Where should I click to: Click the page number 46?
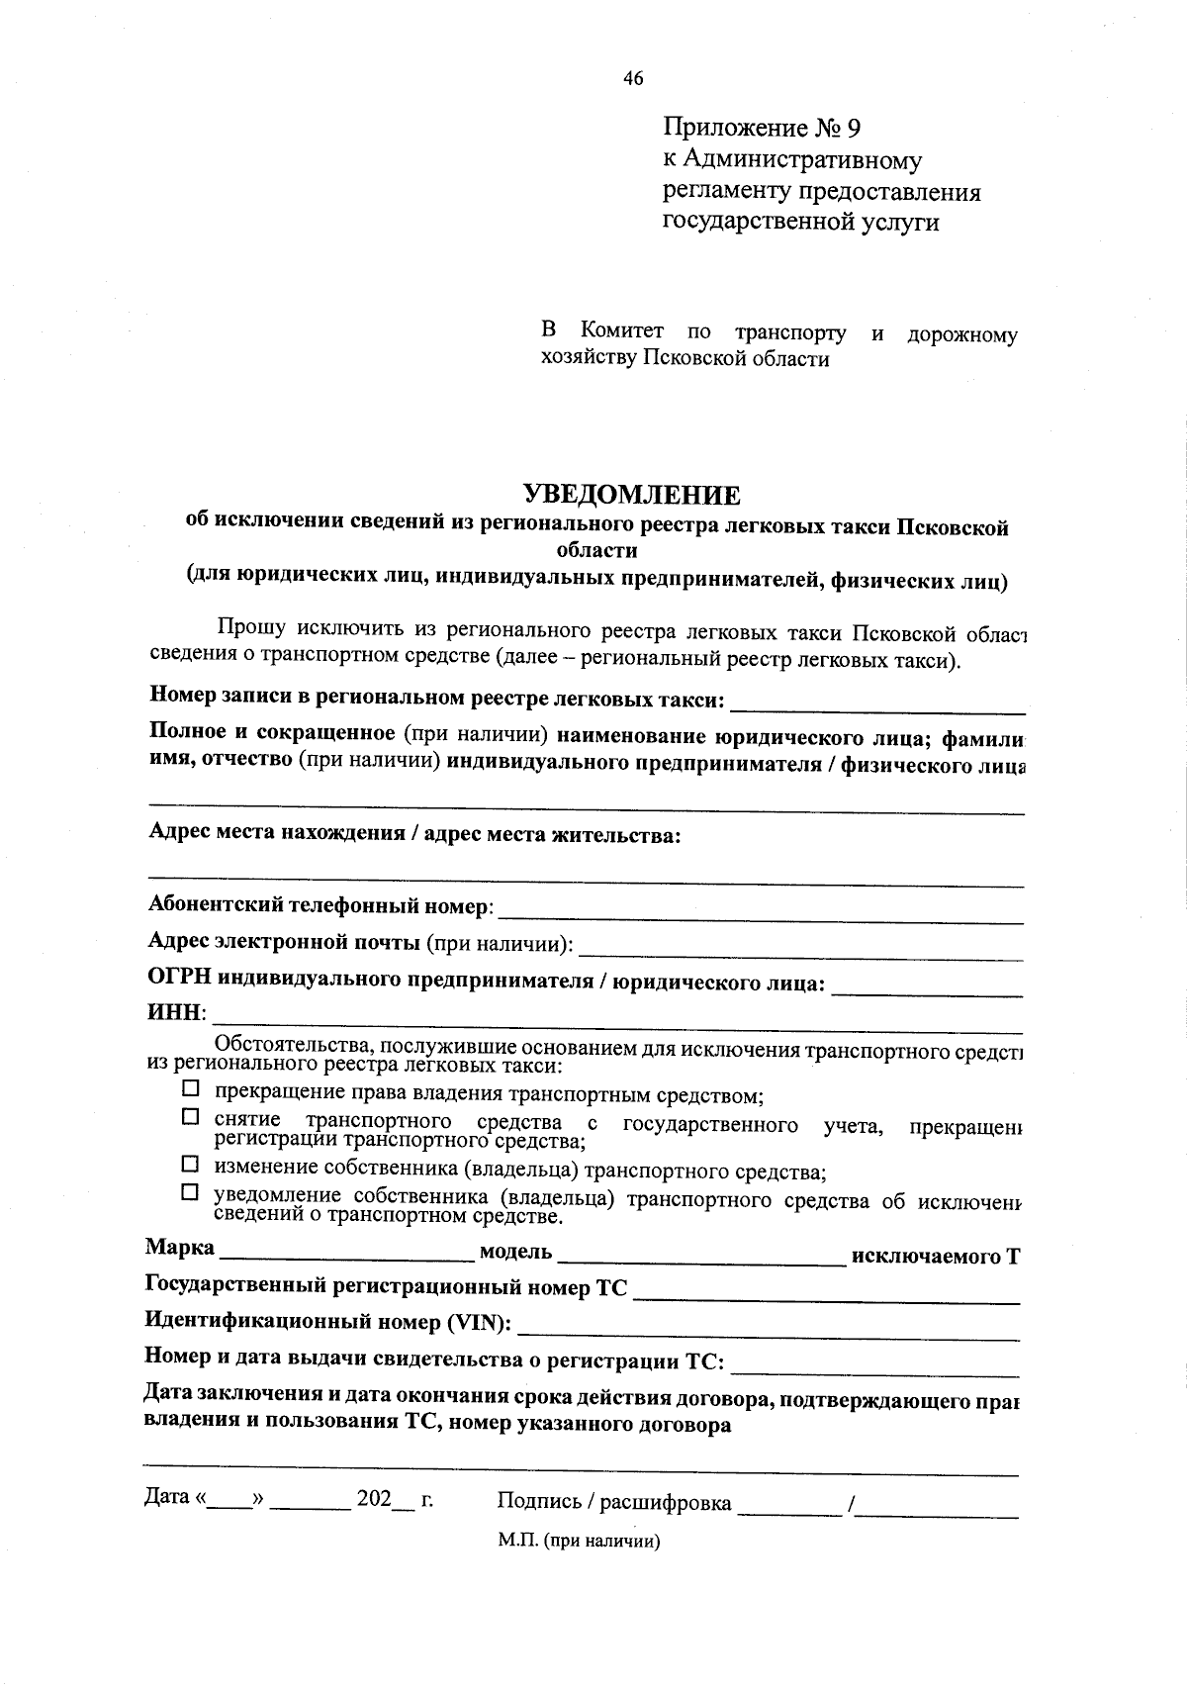pos(633,79)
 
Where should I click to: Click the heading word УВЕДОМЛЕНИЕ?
pos(631,495)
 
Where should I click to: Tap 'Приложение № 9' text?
pos(763,129)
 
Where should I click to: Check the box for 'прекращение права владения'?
pos(190,1089)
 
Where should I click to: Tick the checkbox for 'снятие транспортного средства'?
pos(190,1117)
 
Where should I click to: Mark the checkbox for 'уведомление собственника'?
pos(190,1193)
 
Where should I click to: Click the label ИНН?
pos(175,1014)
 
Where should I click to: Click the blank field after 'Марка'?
pos(346,1253)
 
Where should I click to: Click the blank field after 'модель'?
pos(700,1255)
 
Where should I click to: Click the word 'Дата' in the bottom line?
pos(167,1498)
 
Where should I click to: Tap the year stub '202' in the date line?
pos(375,1499)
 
